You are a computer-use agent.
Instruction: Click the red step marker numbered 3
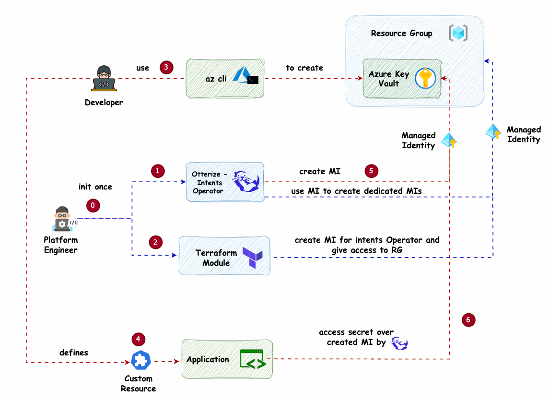(166, 67)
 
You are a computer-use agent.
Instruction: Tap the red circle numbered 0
(93, 205)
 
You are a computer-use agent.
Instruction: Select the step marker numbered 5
(371, 171)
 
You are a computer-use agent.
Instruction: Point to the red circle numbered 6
(468, 320)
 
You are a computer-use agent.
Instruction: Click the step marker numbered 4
(138, 339)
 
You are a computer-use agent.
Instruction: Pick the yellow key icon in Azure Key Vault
(425, 79)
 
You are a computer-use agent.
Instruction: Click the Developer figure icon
(104, 79)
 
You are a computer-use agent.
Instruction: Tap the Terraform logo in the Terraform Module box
(252, 258)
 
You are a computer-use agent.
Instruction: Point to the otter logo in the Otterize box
(245, 181)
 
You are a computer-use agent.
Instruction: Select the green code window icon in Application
(252, 359)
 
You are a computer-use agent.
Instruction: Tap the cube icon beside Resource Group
(458, 33)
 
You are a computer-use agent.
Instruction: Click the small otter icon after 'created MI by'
(399, 343)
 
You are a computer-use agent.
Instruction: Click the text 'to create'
(304, 68)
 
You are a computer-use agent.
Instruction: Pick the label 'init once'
(95, 187)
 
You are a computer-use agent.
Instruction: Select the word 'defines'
(74, 353)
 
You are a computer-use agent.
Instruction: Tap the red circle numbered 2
(155, 242)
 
